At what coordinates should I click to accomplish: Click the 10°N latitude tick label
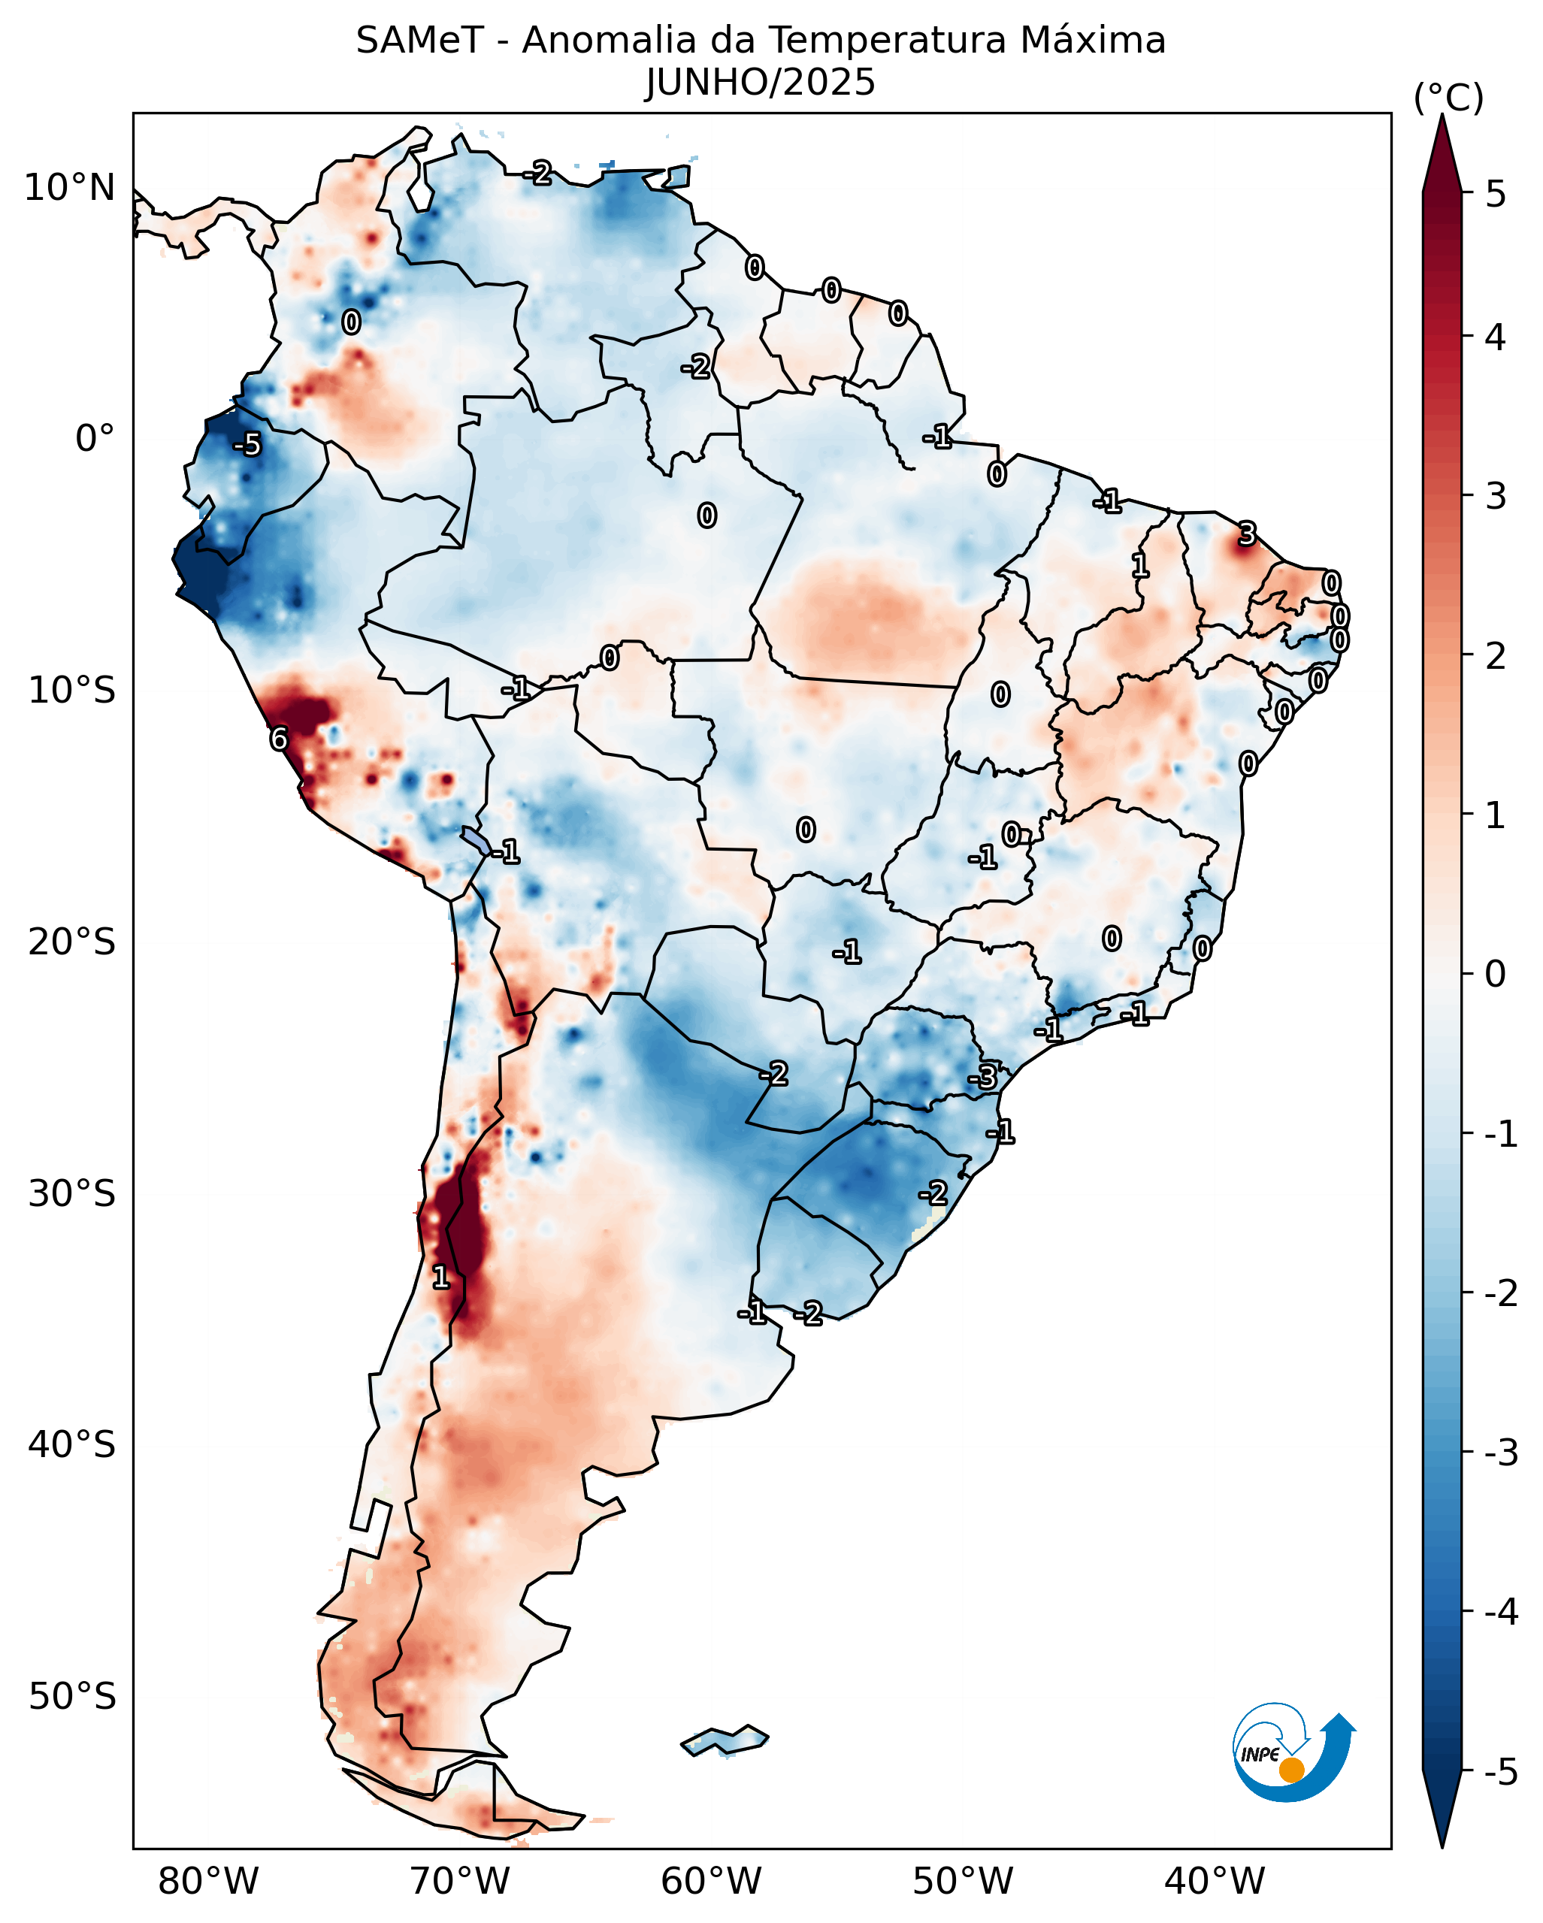[x=70, y=188]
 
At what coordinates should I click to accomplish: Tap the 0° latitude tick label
[x=95, y=439]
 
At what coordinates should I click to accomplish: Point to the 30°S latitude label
[x=71, y=1193]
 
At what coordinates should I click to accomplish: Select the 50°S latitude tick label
[x=71, y=1697]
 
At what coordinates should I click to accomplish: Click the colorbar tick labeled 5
[x=1496, y=194]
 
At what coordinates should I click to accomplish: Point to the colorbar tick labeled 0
[x=1496, y=973]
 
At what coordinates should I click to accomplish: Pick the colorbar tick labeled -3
[x=1501, y=1453]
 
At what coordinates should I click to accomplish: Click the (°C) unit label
[x=1448, y=98]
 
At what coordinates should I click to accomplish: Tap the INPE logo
[x=1293, y=1752]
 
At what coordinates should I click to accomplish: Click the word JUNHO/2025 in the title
[x=760, y=83]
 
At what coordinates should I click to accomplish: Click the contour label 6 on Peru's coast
[x=279, y=739]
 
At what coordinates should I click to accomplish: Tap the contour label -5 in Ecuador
[x=248, y=444]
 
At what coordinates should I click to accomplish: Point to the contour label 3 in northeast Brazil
[x=1247, y=534]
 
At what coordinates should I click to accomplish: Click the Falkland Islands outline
[x=725, y=1741]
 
